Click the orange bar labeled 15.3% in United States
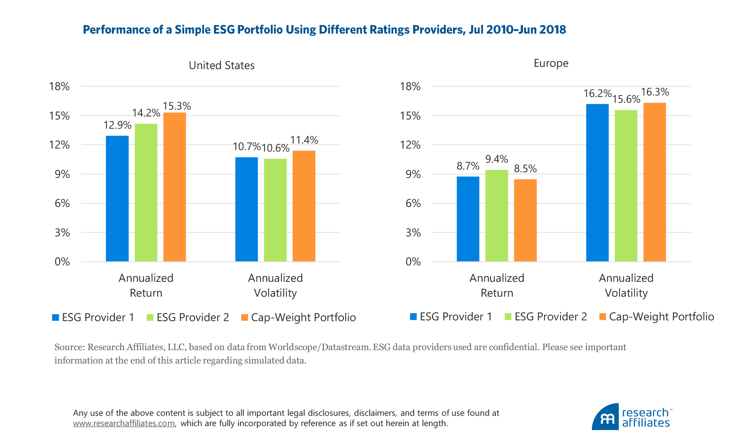click(x=175, y=187)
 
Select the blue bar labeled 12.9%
click(x=117, y=199)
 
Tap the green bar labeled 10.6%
click(x=275, y=210)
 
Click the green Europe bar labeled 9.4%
click(x=497, y=216)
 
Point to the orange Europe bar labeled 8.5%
click(x=525, y=220)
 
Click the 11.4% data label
click(x=304, y=140)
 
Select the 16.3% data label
click(x=655, y=92)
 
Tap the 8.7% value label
click(x=468, y=166)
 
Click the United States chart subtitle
click(x=222, y=65)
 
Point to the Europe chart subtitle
click(x=551, y=63)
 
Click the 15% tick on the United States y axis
click(x=59, y=116)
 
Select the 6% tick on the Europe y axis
click(x=413, y=203)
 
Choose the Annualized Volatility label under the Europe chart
click(x=626, y=285)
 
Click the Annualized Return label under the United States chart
click(x=146, y=285)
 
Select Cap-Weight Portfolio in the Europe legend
click(x=661, y=317)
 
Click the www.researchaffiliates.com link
click(x=124, y=423)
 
